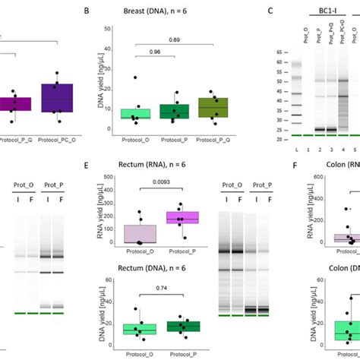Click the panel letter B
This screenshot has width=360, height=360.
[x=108, y=11]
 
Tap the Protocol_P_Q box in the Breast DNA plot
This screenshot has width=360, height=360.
[x=218, y=107]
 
